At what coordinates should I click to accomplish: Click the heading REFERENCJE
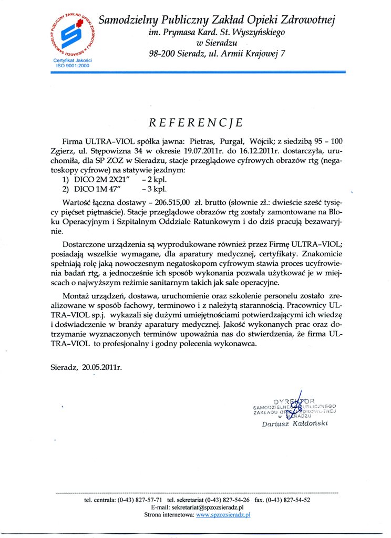click(x=195, y=122)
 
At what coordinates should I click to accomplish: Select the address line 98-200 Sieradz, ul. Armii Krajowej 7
click(x=217, y=53)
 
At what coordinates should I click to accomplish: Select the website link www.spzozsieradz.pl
click(x=223, y=515)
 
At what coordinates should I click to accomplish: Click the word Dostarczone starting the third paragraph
click(x=86, y=244)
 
